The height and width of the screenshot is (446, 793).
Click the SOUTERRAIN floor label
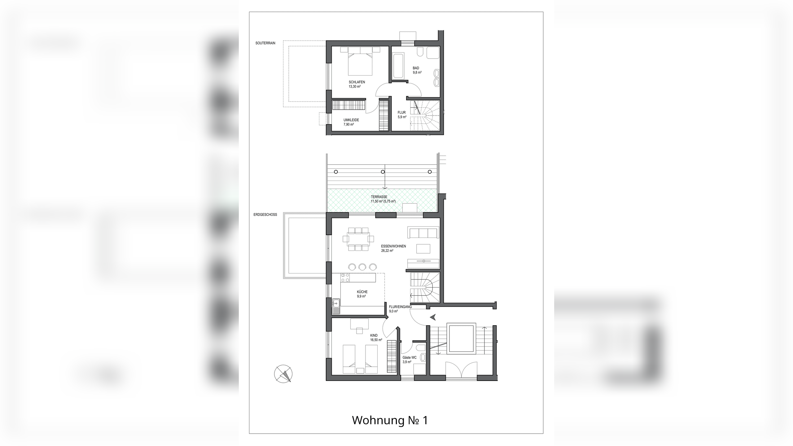pyautogui.click(x=265, y=43)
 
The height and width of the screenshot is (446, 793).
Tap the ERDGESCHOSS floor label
pyautogui.click(x=265, y=215)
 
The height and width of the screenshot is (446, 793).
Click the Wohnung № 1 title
pyautogui.click(x=390, y=420)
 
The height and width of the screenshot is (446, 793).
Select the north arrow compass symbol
pyautogui.click(x=283, y=374)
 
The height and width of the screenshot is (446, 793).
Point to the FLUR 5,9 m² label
pyautogui.click(x=402, y=115)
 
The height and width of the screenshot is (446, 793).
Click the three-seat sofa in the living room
pyautogui.click(x=423, y=233)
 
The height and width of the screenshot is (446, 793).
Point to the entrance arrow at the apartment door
pyautogui.click(x=433, y=317)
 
